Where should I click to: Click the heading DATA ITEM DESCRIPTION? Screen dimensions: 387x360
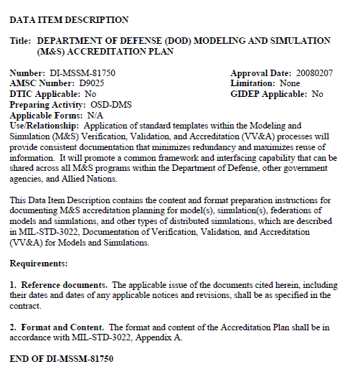69,20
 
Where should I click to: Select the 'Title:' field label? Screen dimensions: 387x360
22,41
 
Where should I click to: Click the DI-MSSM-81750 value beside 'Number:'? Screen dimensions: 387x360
81,73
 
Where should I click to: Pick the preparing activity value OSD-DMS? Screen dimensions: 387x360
111,104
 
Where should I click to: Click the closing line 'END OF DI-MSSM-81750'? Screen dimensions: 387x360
62,358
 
